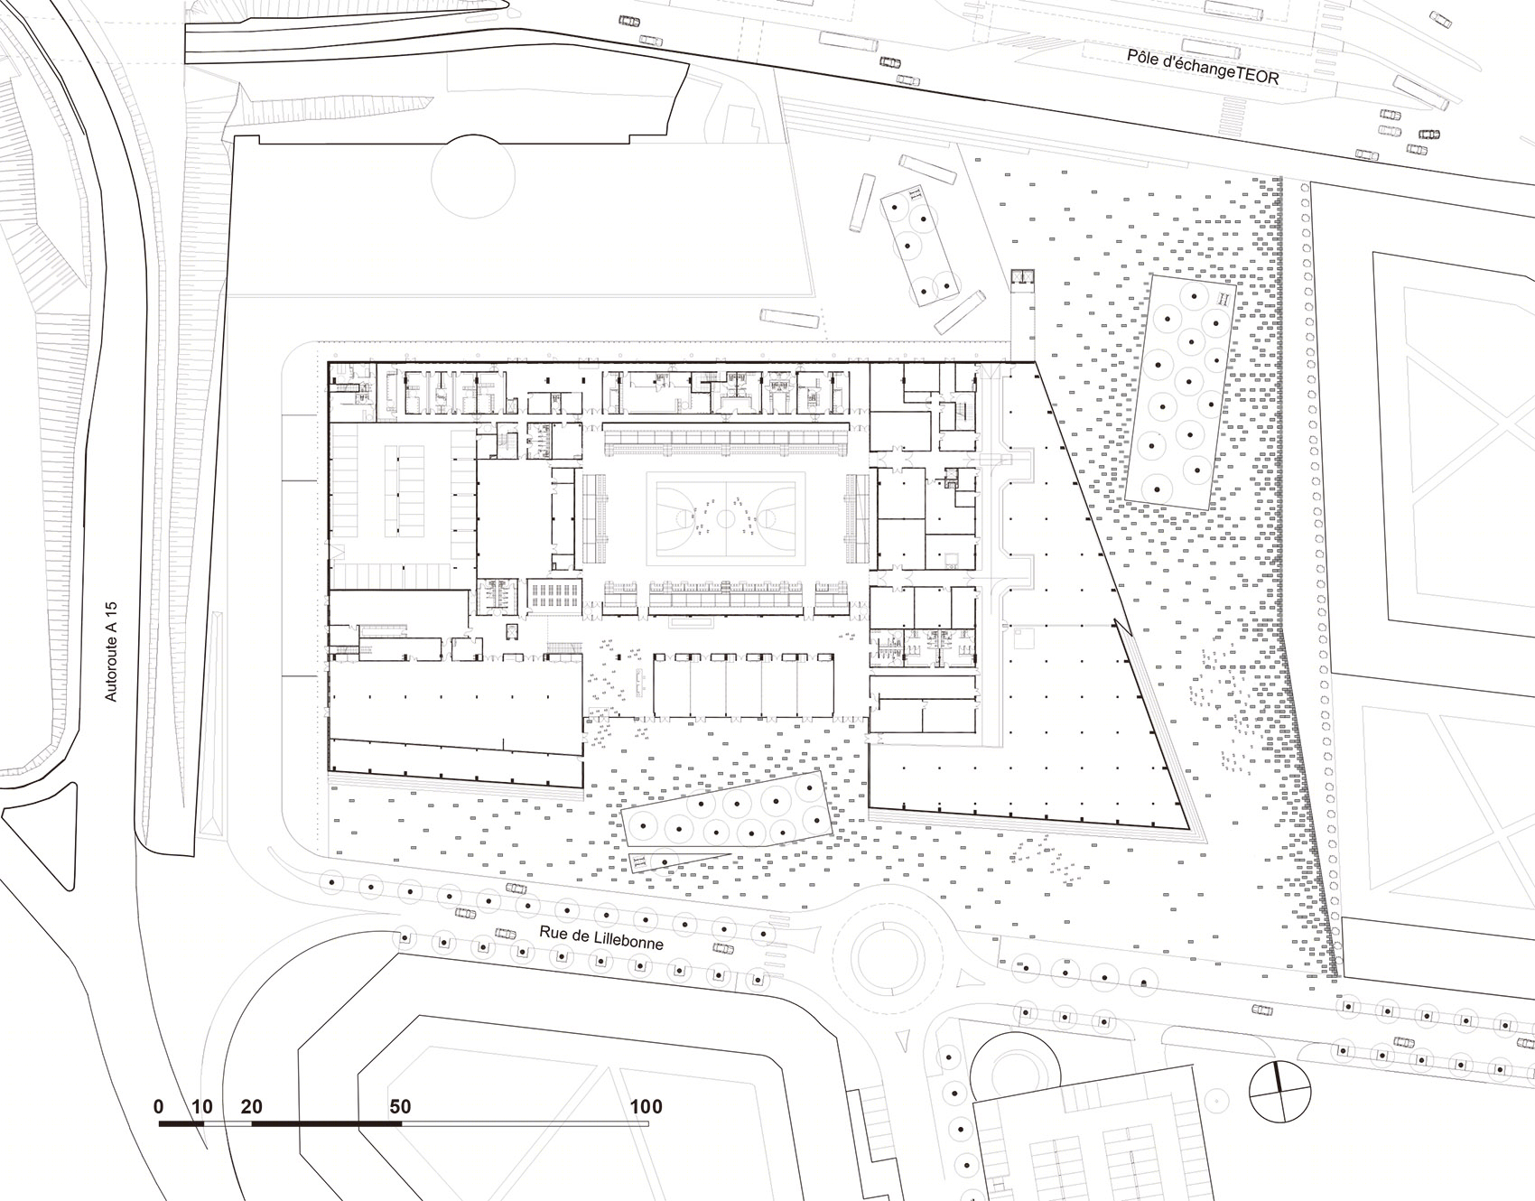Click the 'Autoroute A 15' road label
pyautogui.click(x=111, y=652)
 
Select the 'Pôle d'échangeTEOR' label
pyautogui.click(x=1203, y=68)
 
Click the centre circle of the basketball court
pyautogui.click(x=725, y=517)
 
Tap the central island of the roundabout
pyautogui.click(x=881, y=958)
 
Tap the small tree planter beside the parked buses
pyautogui.click(x=920, y=244)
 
